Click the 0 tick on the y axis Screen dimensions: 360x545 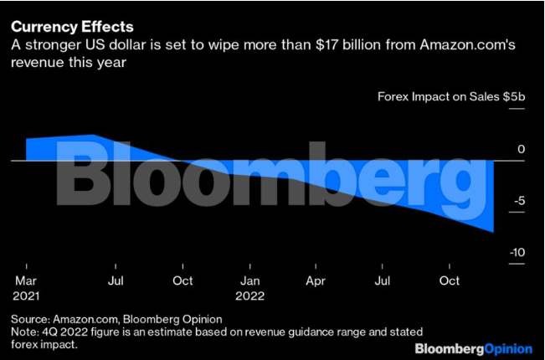520,150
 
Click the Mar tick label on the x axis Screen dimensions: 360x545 25,280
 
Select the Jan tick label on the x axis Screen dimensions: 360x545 249,280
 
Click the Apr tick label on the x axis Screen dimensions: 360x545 316,280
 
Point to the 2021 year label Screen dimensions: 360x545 27,296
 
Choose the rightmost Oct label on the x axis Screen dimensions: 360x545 450,280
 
